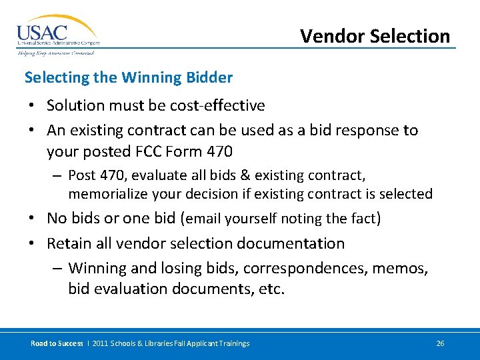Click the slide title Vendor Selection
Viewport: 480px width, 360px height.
[375, 36]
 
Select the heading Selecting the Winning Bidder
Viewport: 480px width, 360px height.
[129, 77]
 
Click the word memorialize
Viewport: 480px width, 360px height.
[108, 194]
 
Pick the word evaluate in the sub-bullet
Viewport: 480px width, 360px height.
[155, 176]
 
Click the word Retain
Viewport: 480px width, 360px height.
[69, 243]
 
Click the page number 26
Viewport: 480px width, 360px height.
[440, 343]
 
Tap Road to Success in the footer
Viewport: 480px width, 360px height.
[57, 343]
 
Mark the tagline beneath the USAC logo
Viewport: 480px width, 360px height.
[55, 53]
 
